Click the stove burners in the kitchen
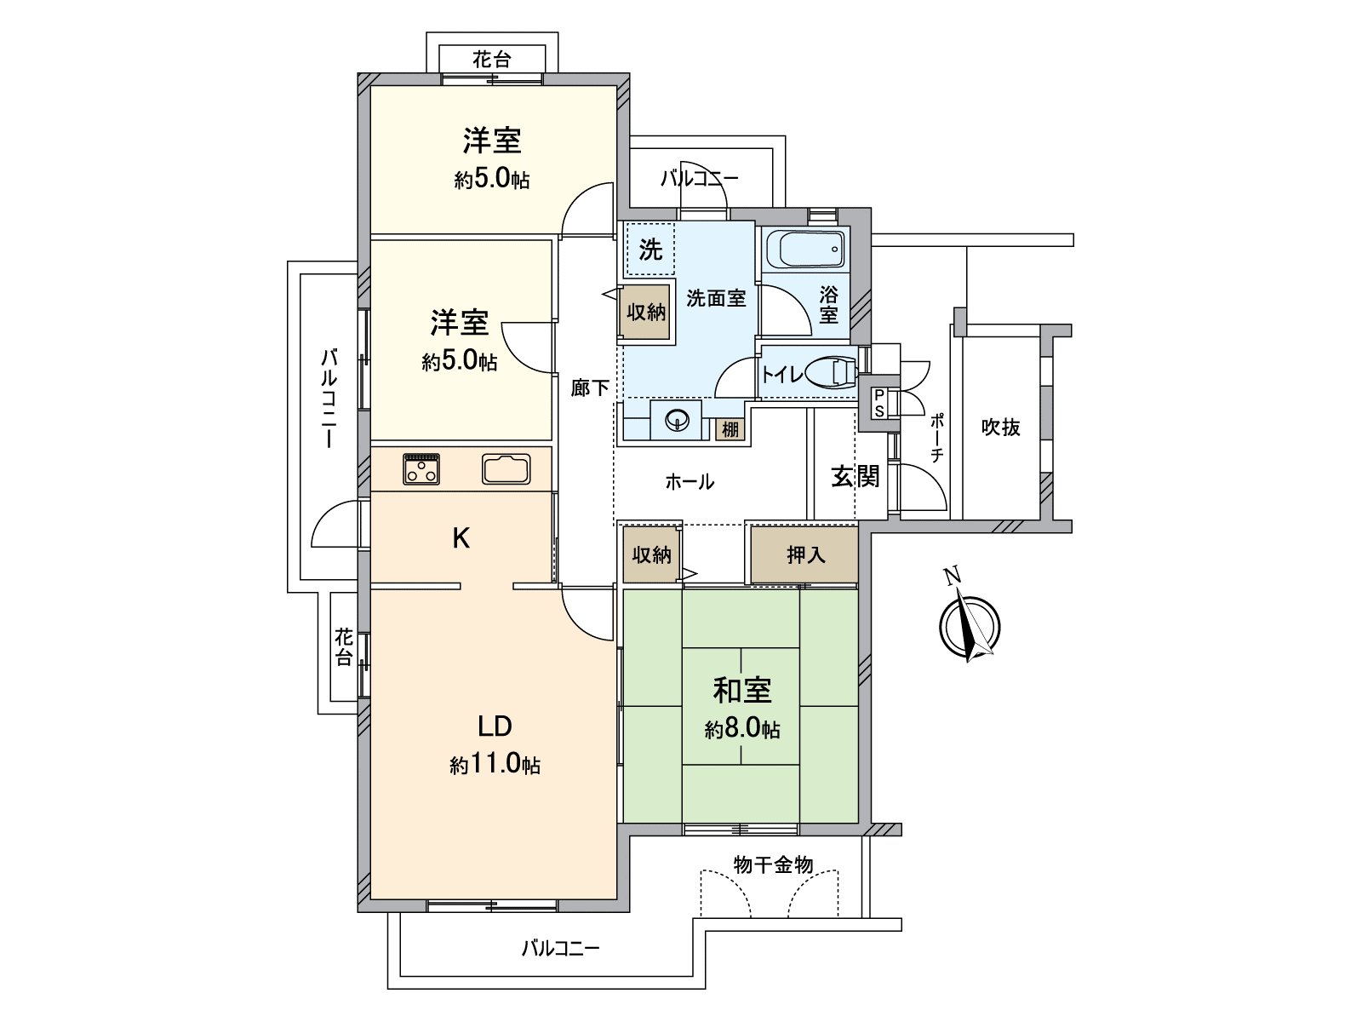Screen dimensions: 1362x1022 [x=422, y=468]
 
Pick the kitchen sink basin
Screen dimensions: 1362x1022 [x=506, y=468]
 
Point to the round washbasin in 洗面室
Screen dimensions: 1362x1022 [x=676, y=422]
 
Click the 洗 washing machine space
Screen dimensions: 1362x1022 [x=650, y=250]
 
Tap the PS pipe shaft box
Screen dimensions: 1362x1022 [x=879, y=404]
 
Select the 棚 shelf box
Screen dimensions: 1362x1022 [x=730, y=429]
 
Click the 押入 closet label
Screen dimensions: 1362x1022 [x=805, y=554]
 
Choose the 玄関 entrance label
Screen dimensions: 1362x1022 [x=855, y=477]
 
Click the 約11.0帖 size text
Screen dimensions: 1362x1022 [x=495, y=765]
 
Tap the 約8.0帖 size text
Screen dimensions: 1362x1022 [x=742, y=730]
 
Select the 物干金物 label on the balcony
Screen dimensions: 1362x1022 [x=773, y=864]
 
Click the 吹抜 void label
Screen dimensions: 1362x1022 [x=1001, y=428]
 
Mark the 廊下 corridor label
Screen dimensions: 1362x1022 [x=589, y=388]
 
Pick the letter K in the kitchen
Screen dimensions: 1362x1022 [x=461, y=538]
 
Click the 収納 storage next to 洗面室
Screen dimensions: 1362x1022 [x=646, y=312]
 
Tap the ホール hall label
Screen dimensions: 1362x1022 [x=690, y=481]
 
